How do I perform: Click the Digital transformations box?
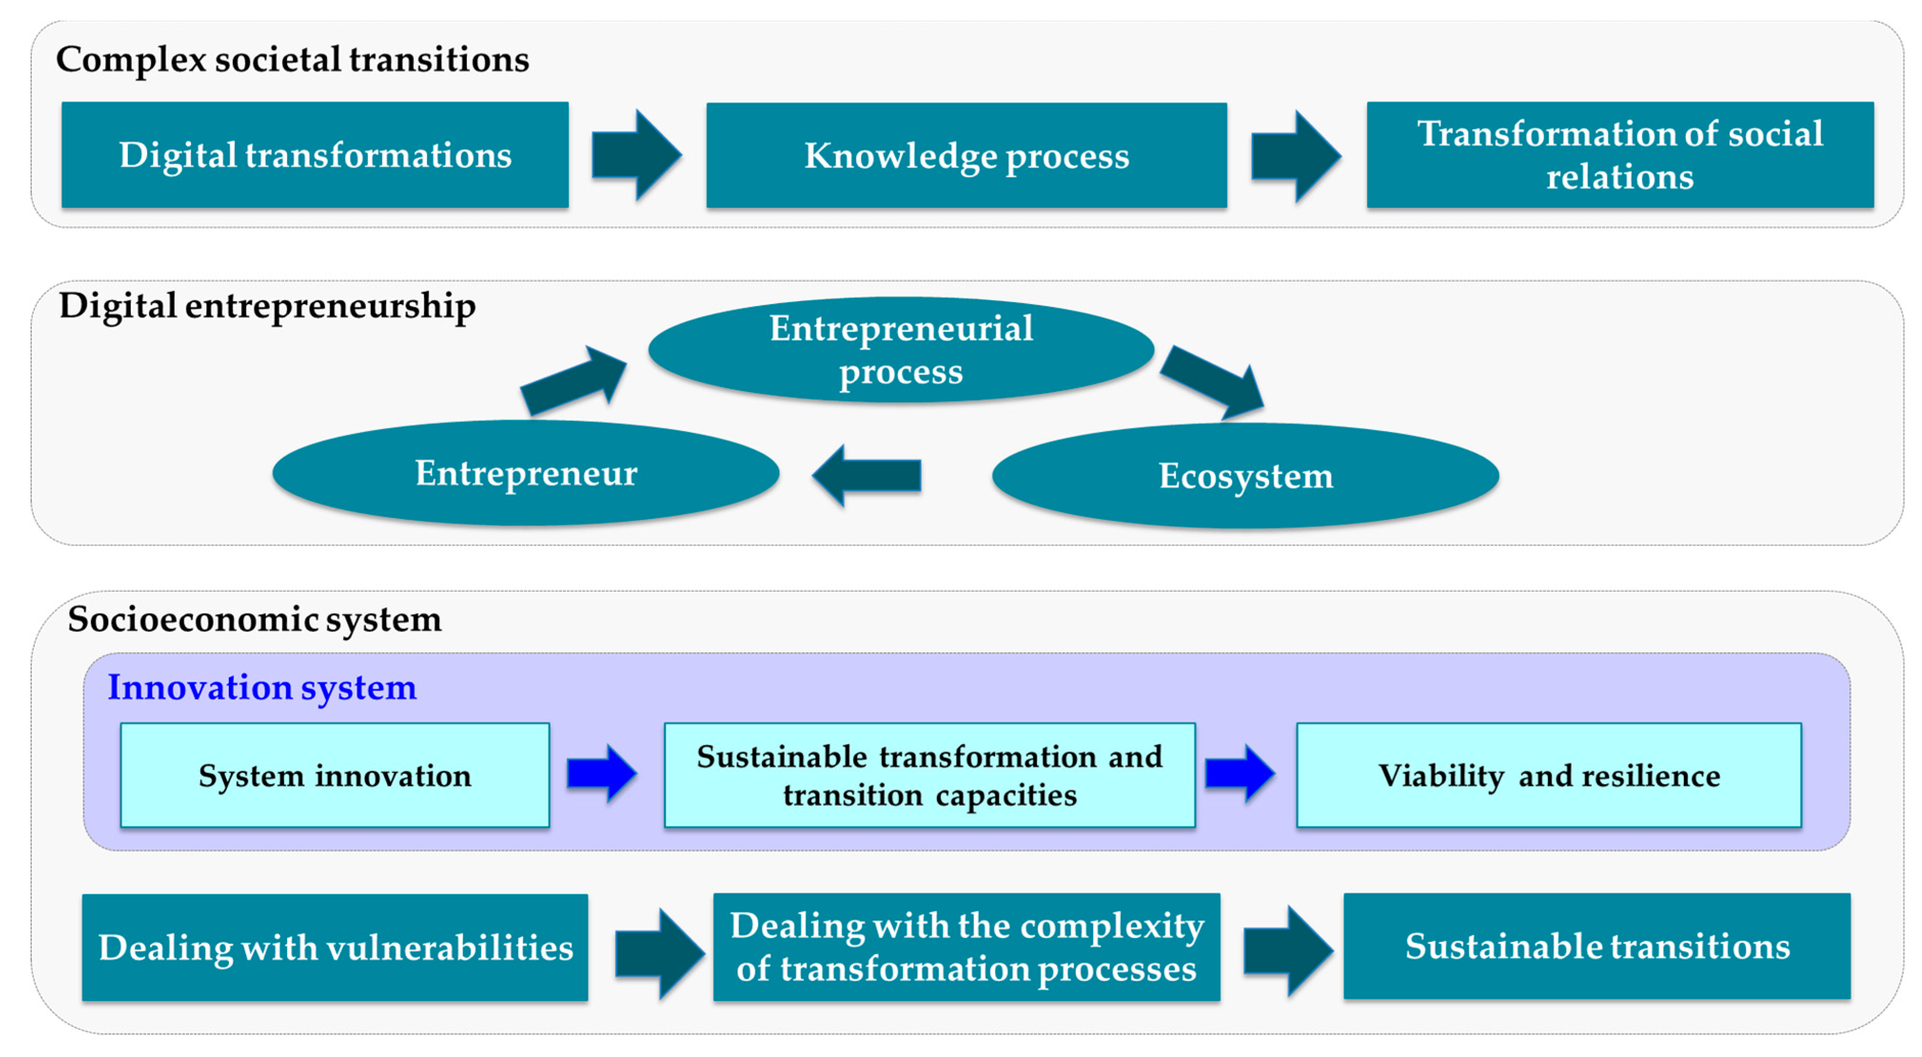tap(315, 155)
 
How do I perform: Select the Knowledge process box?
tap(966, 155)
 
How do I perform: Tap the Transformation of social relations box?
tap(1619, 155)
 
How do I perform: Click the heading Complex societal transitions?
tap(293, 60)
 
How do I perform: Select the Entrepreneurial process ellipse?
tap(900, 349)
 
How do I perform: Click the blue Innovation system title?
tap(262, 687)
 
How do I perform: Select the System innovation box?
tap(335, 775)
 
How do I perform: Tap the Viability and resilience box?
tap(1549, 775)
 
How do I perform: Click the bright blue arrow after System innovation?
tap(601, 773)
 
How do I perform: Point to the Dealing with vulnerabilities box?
tap(335, 947)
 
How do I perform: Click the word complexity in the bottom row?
tap(1112, 926)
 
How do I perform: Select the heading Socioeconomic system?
tap(254, 619)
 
